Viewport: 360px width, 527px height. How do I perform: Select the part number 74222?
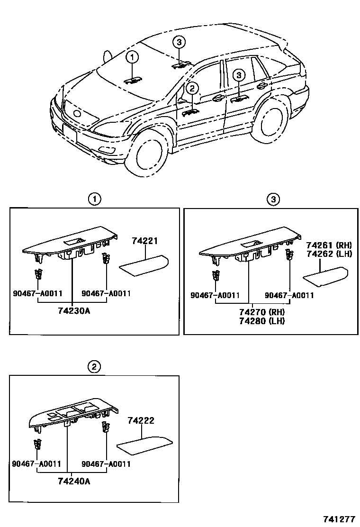pyautogui.click(x=141, y=420)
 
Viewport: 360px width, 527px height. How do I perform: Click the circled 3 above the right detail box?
pyautogui.click(x=273, y=200)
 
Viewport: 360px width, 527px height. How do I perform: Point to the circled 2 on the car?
pyautogui.click(x=191, y=88)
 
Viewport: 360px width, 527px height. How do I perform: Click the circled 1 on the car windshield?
pyautogui.click(x=132, y=57)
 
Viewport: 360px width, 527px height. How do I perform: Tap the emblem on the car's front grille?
pyautogui.click(x=76, y=114)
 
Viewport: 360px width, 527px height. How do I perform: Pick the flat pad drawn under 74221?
pyautogui.click(x=144, y=263)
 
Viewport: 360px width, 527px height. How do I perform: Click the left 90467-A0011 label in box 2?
pyautogui.click(x=36, y=464)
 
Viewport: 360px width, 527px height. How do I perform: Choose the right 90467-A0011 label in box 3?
pyautogui.click(x=289, y=295)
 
